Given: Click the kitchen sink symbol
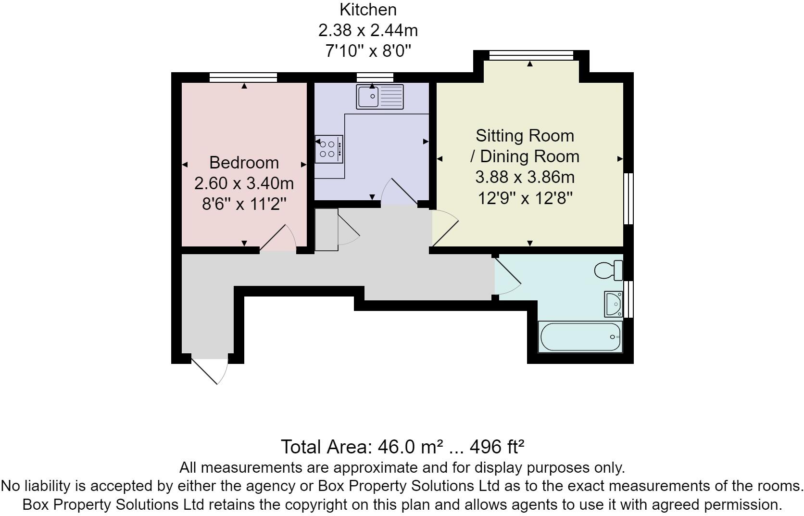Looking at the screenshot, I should [380, 97].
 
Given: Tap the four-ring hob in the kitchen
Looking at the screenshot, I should [329, 149].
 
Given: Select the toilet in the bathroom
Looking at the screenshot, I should [608, 270].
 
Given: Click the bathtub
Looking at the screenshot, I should [580, 336].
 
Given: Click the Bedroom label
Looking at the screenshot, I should [244, 163].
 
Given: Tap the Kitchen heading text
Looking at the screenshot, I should [368, 10].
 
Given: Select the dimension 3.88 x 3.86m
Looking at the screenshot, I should [525, 177].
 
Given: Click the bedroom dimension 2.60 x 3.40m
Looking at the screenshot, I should [244, 183].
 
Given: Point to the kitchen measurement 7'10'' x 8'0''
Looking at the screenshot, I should [368, 51].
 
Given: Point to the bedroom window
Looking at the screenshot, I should [243, 77].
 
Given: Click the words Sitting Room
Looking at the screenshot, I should [525, 136].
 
